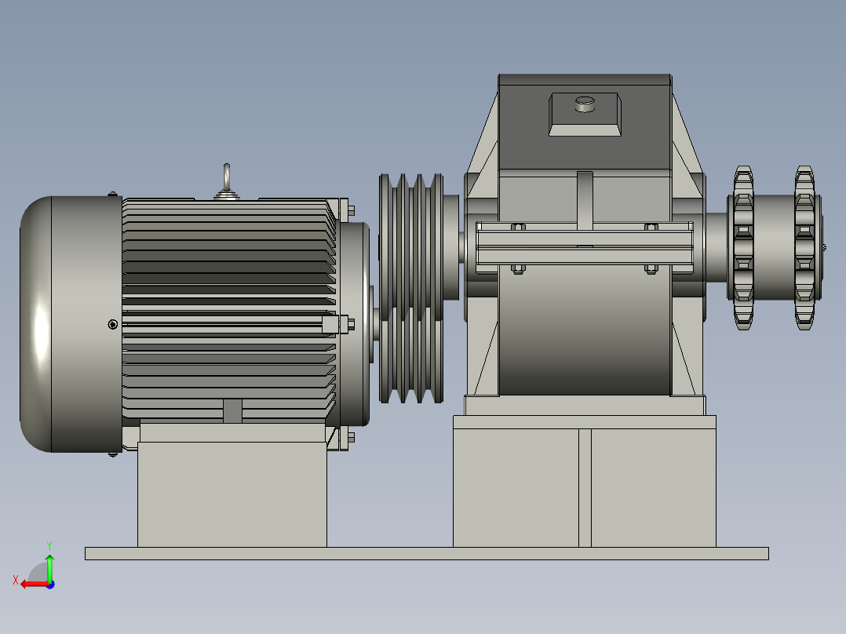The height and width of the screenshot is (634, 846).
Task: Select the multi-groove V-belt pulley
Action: click(410, 288)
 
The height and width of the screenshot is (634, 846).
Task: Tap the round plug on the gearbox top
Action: click(585, 104)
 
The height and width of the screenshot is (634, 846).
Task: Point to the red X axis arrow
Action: click(31, 584)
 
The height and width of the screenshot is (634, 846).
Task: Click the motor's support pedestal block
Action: click(232, 494)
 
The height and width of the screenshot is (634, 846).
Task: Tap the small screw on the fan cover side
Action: click(113, 324)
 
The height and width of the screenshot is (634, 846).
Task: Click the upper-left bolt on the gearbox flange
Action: click(517, 228)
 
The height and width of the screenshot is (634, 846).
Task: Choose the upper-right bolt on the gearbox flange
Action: click(651, 228)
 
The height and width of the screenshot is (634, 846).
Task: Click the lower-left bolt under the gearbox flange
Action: click(517, 269)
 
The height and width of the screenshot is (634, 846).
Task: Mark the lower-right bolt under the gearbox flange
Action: click(651, 269)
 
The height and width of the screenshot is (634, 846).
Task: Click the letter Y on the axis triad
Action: click(49, 544)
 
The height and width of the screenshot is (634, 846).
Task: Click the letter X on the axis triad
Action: click(15, 580)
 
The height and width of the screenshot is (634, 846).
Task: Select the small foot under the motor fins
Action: click(232, 411)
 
